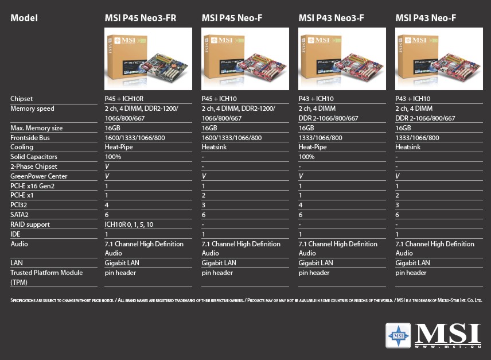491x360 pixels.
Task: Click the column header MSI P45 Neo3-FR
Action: pos(140,18)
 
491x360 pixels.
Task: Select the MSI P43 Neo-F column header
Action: pos(426,18)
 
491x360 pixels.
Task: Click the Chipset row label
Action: pos(22,99)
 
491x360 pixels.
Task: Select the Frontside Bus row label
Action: pos(30,138)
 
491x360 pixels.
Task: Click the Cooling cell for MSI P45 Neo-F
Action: pos(215,147)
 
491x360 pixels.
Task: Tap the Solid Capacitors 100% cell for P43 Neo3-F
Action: pos(307,157)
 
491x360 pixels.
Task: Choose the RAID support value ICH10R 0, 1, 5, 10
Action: pos(129,224)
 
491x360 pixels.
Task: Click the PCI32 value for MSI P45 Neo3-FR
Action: pos(107,205)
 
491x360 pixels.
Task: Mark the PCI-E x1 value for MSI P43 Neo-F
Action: pos(398,195)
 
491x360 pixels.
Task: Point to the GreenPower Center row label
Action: pos(38,176)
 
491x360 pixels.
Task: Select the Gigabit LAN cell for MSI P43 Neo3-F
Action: pos(315,263)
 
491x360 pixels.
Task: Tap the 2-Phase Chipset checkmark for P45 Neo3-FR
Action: pos(107,167)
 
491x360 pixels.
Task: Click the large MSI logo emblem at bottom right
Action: pos(398,335)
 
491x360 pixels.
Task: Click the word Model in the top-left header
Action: pos(24,18)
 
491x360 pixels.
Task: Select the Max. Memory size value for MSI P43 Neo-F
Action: pos(404,128)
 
